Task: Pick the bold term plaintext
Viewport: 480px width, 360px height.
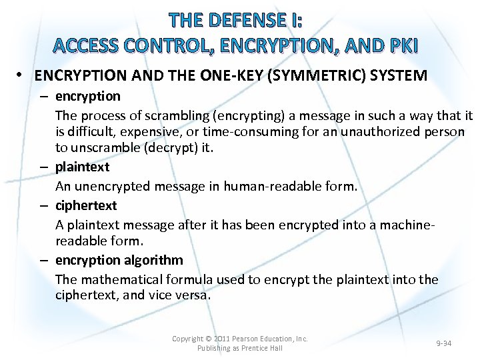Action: pos(82,167)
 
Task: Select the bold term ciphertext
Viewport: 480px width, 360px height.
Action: pos(86,205)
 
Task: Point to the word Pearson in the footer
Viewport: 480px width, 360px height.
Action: pos(248,339)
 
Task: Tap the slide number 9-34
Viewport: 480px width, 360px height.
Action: pos(443,343)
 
